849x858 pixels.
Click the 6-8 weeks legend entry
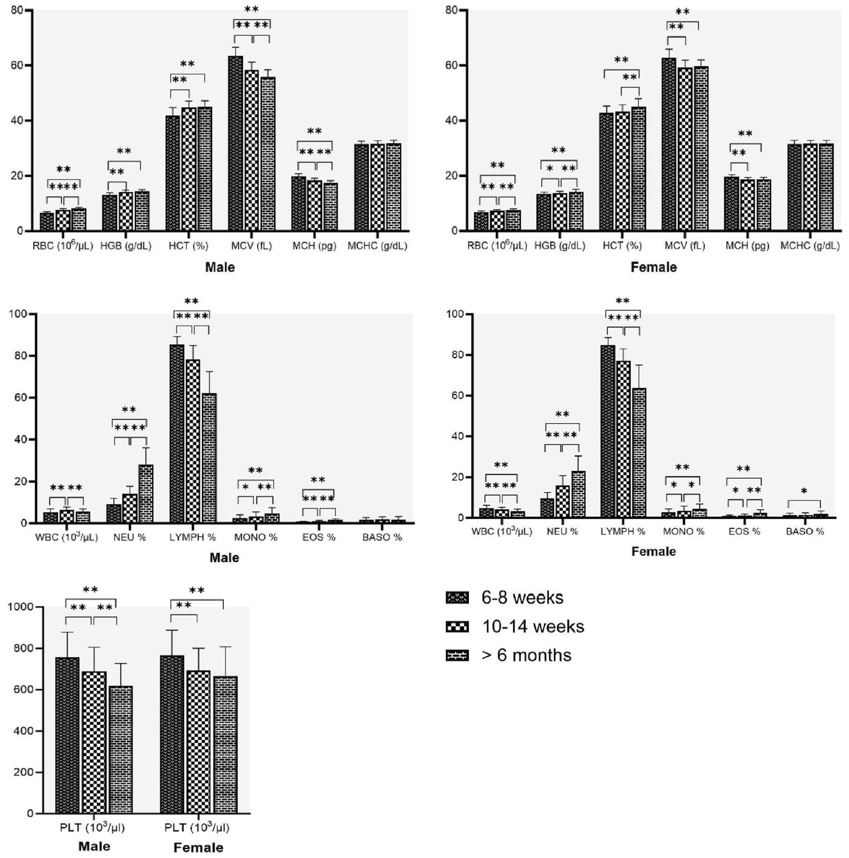(522, 598)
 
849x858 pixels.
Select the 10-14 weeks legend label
(533, 626)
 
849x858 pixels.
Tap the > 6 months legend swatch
(457, 656)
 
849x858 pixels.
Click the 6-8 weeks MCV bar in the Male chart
(236, 143)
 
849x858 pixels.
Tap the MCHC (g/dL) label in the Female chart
(810, 246)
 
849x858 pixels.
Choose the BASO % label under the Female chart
(805, 532)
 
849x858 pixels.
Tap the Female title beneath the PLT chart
(198, 848)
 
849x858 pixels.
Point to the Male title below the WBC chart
(224, 557)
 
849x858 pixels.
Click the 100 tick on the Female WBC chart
(454, 314)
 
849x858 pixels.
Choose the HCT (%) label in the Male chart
(189, 246)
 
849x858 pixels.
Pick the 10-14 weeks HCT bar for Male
(189, 169)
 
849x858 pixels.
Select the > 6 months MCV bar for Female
(701, 149)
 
